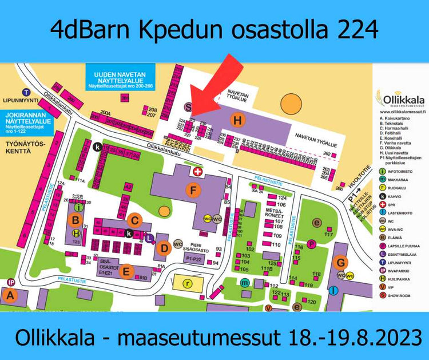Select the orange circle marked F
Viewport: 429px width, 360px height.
(x=195, y=189)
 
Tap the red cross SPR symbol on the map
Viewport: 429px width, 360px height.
(x=198, y=171)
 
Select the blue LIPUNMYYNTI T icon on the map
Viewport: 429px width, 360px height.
(x=26, y=93)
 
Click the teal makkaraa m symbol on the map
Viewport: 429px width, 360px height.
(x=245, y=283)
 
